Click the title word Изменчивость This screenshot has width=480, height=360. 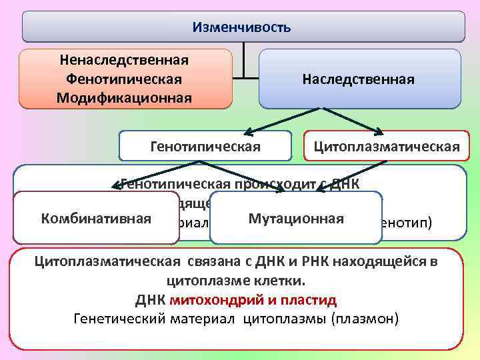[241, 27]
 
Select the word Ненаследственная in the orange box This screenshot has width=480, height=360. [124, 60]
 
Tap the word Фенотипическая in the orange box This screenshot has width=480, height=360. [124, 79]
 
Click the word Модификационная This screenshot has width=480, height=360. [124, 97]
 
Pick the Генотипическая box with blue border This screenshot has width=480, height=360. [205, 146]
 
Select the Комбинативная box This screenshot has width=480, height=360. [96, 219]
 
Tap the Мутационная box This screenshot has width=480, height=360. [296, 219]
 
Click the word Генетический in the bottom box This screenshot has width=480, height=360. [114, 318]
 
